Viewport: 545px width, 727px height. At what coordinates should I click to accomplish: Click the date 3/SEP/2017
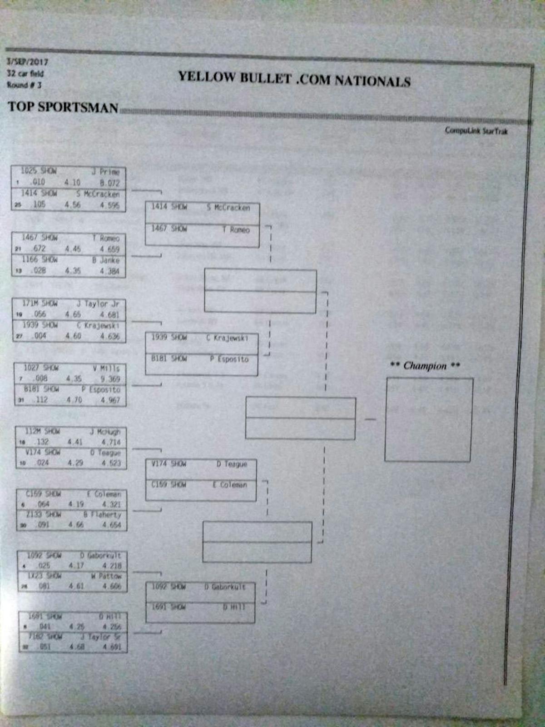(27, 62)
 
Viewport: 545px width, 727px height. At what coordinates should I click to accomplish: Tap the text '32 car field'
(25, 73)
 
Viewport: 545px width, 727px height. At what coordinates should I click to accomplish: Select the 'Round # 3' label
(24, 85)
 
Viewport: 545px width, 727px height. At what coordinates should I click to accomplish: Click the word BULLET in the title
(265, 78)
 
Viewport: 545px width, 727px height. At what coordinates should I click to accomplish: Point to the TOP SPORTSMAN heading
(63, 107)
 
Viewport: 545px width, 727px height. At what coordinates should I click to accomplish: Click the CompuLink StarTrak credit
(476, 131)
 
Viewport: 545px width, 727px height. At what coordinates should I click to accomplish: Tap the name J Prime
(109, 172)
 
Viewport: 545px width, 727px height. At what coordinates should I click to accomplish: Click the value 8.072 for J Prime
(109, 183)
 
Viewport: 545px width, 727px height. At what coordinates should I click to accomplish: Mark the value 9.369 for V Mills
(110, 379)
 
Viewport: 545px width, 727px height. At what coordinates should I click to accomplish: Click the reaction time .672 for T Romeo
(39, 249)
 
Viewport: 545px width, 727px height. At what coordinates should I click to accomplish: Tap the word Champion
(425, 366)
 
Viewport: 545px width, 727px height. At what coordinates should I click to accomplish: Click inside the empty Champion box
(429, 420)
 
